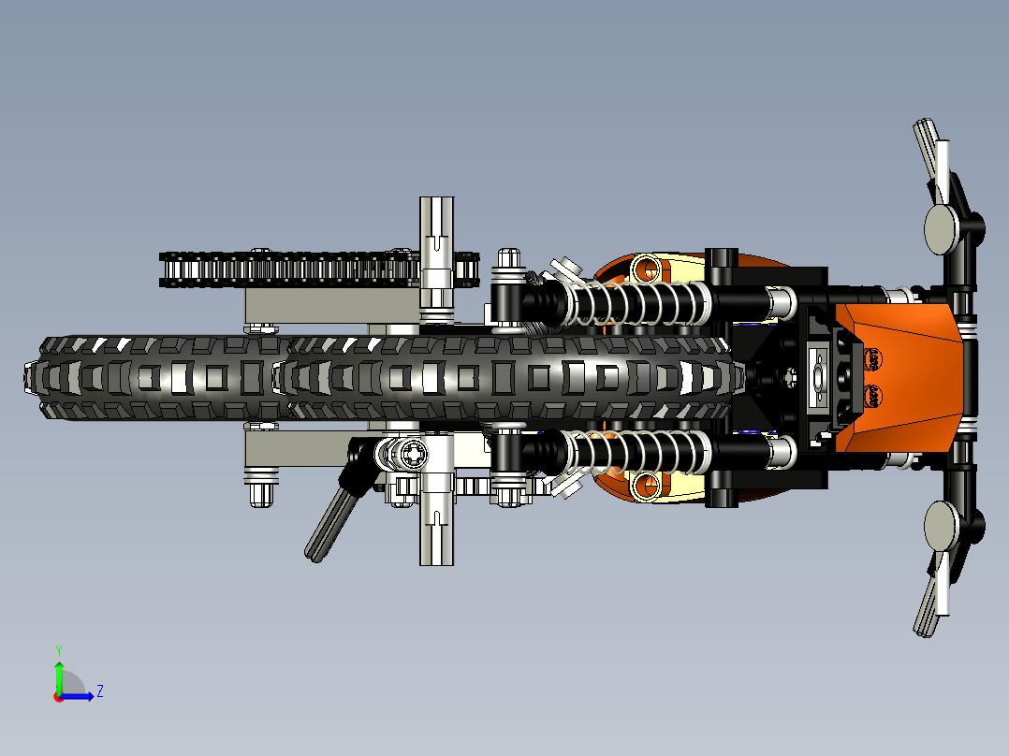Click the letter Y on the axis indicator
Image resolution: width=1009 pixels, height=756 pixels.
[x=58, y=648]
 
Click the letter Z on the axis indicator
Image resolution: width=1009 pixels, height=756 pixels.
[x=99, y=691]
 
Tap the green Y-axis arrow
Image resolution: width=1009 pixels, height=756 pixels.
[x=58, y=674]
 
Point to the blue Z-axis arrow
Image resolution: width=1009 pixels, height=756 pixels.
[x=80, y=696]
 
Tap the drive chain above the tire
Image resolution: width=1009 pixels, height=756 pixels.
[x=281, y=269]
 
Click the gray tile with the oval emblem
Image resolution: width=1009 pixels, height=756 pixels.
[x=817, y=377]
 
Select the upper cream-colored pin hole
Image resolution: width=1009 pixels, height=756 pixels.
[x=645, y=269]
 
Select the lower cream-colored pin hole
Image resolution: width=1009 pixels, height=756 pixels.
[x=645, y=484]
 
